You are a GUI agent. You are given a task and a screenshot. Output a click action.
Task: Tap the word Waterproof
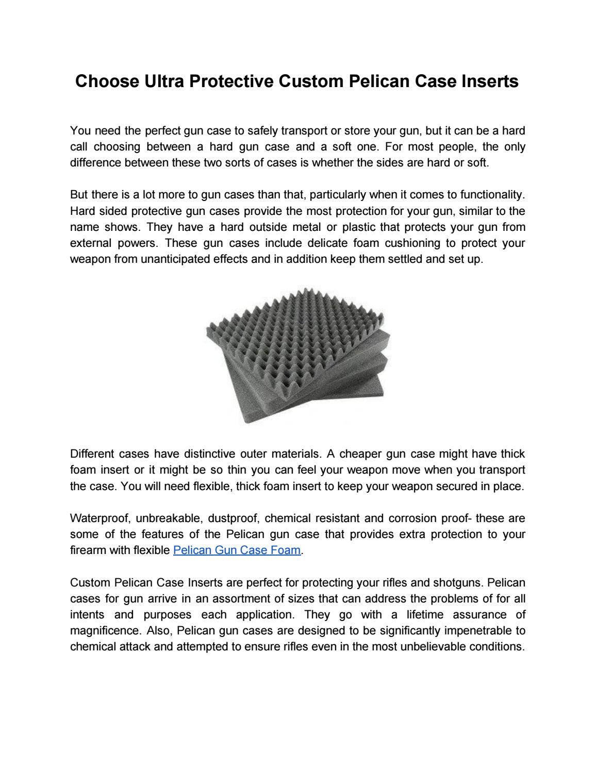tap(100, 518)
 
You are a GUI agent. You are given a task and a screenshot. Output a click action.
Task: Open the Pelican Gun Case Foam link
tap(237, 550)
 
